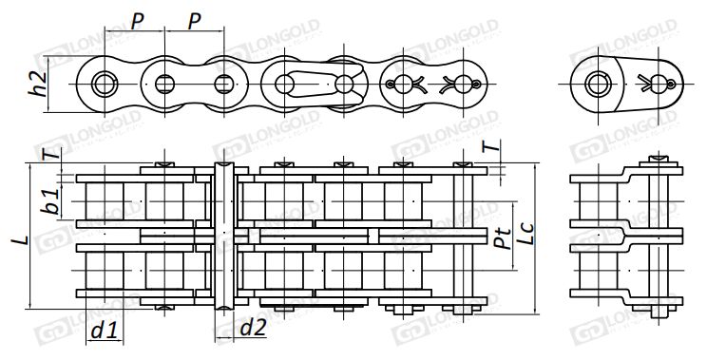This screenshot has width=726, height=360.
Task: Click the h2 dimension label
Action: coord(38,84)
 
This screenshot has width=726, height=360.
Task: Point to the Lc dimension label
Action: coord(525,234)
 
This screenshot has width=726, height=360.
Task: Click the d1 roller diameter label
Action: coord(105,331)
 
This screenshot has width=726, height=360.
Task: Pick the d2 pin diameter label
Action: coord(254,328)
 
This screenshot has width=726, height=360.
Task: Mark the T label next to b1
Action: coord(52,152)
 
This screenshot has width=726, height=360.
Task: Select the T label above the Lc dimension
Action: coord(492,146)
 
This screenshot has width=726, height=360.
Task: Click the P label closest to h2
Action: coord(137,21)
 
